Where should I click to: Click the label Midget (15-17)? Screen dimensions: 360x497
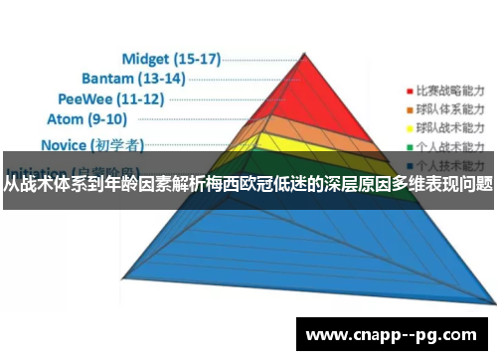pos(170,58)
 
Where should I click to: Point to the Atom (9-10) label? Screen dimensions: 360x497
pos(87,120)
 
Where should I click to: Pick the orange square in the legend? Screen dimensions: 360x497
pos(407,106)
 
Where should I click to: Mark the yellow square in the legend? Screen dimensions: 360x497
pos(407,127)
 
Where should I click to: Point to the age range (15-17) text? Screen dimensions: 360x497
pos(195,58)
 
